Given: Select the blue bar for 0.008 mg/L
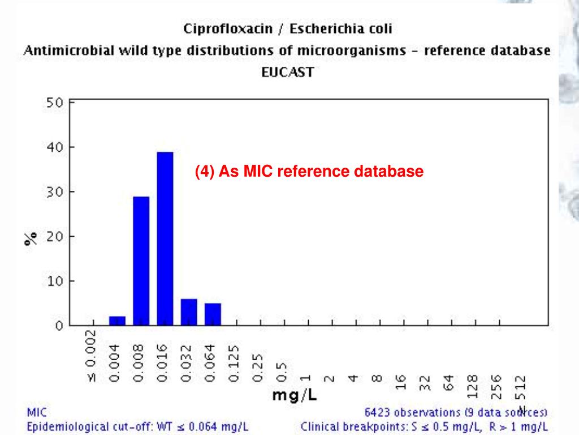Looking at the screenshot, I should point(141,261).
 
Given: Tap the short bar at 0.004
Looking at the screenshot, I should point(117,321).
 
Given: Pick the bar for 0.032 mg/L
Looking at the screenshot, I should point(189,312).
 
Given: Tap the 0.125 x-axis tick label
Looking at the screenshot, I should point(236,363).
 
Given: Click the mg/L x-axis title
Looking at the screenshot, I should point(295,395).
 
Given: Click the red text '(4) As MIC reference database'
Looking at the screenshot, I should point(309,171).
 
